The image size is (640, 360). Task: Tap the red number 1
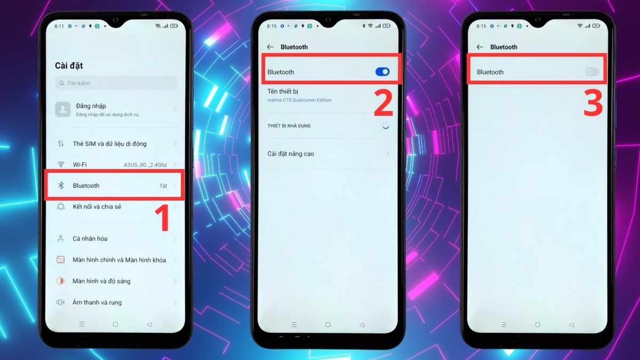tap(162, 219)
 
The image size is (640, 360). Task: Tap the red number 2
tap(383, 103)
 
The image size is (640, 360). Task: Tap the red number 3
tap(593, 103)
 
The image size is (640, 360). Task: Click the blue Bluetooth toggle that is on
tap(382, 72)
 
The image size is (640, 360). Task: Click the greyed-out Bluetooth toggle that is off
tap(591, 72)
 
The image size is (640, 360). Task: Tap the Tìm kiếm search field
tap(116, 83)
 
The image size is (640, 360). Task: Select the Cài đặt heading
tap(69, 66)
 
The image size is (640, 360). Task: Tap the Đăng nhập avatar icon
tap(63, 109)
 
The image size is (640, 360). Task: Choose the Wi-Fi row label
tap(79, 165)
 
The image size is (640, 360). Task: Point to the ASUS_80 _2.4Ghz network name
tap(145, 165)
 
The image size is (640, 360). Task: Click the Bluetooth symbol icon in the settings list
tap(61, 186)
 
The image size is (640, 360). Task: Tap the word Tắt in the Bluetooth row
tap(163, 186)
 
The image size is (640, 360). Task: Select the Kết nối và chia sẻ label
tap(97, 207)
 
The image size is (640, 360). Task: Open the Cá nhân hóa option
tap(90, 239)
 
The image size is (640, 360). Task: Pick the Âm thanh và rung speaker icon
tap(61, 302)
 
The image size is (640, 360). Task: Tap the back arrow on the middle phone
tap(270, 47)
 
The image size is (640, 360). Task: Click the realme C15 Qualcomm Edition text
tap(299, 100)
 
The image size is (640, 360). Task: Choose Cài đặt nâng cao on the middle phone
tap(291, 154)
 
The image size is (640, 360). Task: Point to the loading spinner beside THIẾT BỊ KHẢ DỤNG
tap(385, 126)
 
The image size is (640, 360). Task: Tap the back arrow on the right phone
tap(479, 47)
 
